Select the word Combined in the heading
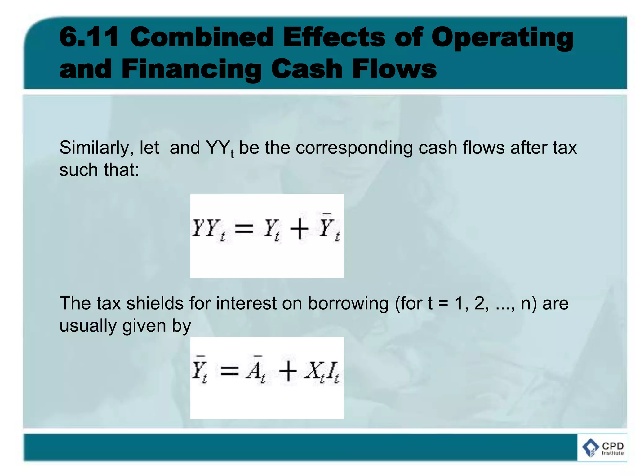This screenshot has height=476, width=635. [202, 37]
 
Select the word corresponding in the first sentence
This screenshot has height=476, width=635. [354, 148]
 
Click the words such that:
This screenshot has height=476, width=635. [99, 170]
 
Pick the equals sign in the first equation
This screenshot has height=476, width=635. [244, 229]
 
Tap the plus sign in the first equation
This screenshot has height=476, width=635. [299, 229]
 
